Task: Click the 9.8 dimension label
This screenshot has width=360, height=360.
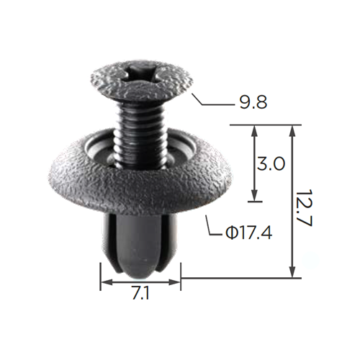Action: (x=253, y=103)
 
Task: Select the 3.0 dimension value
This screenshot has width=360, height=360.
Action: (x=271, y=163)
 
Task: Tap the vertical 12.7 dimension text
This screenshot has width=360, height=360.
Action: (x=304, y=209)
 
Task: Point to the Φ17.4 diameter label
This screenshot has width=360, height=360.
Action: (x=249, y=233)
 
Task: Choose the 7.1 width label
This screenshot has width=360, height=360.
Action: (x=140, y=293)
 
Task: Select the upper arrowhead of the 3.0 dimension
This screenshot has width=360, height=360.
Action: (x=255, y=132)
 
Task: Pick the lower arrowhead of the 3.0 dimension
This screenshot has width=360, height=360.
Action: (x=255, y=195)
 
